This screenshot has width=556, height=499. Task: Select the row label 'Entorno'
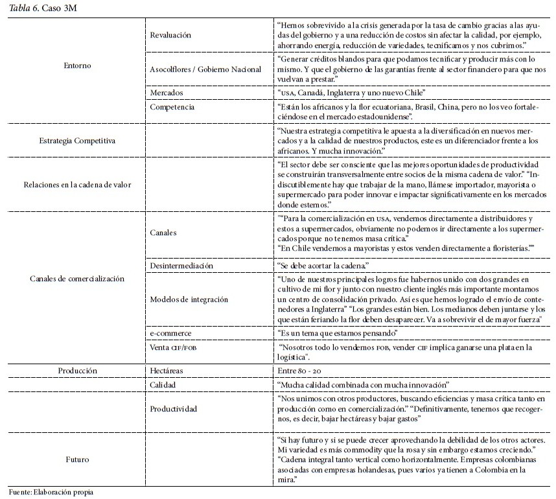(x=78, y=65)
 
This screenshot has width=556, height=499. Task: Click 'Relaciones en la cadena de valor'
(x=78, y=184)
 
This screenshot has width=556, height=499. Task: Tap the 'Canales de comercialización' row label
(x=78, y=279)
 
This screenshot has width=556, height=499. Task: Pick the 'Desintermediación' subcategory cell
(x=181, y=265)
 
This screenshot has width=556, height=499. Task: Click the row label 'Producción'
(x=78, y=371)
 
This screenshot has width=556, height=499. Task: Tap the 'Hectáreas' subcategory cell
(x=167, y=371)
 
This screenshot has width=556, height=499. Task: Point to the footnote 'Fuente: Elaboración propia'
(x=51, y=492)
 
